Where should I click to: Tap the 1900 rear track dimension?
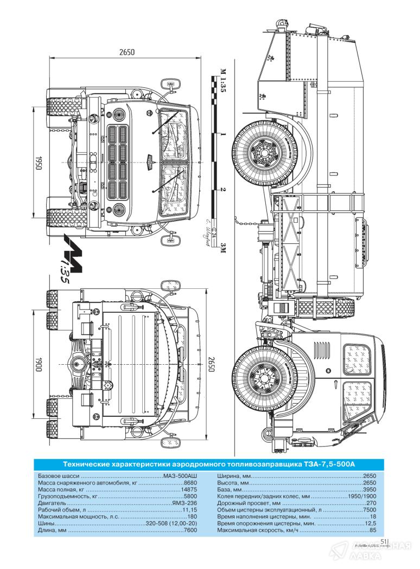pos(39,364)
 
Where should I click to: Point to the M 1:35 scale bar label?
pos(223,81)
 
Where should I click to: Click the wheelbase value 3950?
pos(370,489)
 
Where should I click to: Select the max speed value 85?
pos(373,530)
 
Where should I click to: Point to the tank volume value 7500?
pos(370,509)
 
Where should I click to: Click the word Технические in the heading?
pos(88,464)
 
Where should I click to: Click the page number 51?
pos(383,540)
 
